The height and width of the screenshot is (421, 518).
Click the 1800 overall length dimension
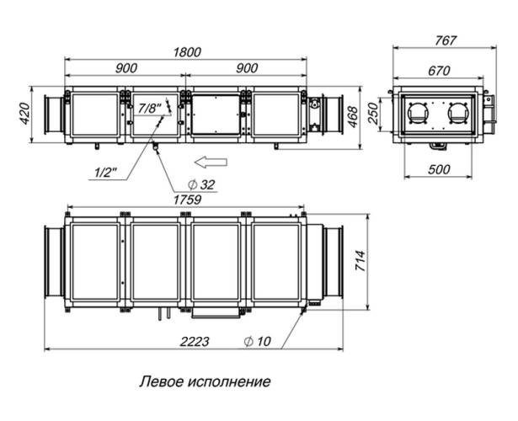(186, 51)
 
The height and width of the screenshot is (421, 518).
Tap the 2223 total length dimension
(194, 341)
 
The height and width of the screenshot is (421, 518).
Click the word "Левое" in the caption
(160, 381)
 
